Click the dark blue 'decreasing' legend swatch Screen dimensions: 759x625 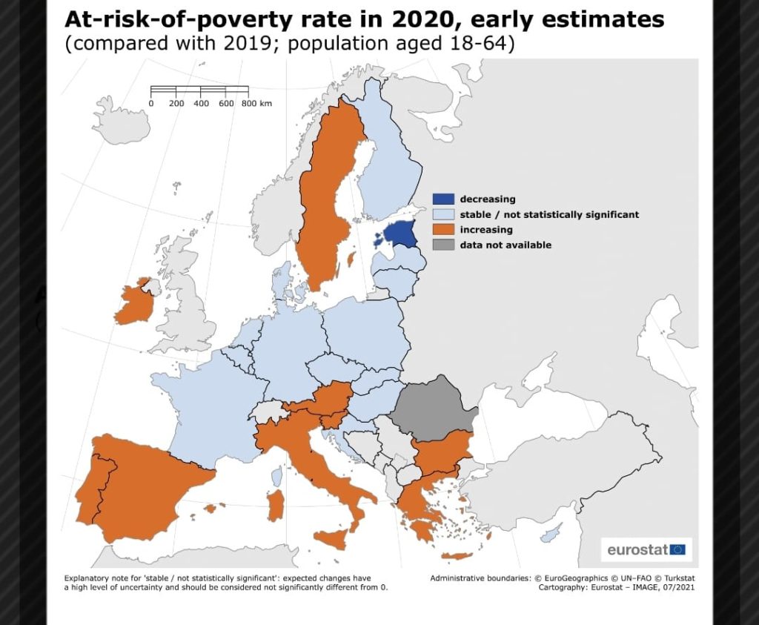coord(443,199)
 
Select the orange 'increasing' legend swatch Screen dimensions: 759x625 coord(443,230)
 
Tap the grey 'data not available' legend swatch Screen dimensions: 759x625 coord(443,245)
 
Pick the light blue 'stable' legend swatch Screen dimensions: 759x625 coord(443,214)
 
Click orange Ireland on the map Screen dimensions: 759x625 coord(134,304)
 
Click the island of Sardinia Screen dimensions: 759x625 coord(276,505)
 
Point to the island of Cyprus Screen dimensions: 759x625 coord(551,534)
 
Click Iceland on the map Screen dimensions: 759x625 coord(122,119)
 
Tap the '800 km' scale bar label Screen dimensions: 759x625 coord(256,103)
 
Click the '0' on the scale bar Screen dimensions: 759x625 coord(151,103)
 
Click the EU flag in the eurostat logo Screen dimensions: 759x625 coord(677,549)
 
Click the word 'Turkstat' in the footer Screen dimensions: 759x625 coord(680,578)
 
